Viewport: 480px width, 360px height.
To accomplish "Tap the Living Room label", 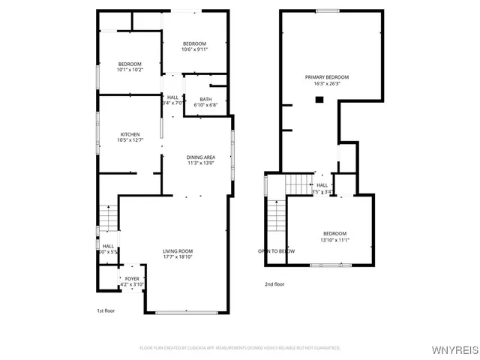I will point(178,251).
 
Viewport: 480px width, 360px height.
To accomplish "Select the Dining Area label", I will point(201,157).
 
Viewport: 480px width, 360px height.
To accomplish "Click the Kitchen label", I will point(130,134).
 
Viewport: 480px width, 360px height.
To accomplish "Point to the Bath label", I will point(204,98).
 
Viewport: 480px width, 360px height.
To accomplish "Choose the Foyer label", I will point(132,278).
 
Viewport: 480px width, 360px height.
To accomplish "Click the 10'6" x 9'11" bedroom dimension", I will point(195,50).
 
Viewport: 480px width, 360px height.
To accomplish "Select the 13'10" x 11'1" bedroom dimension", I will point(334,240).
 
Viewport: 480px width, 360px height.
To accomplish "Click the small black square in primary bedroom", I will point(319,99).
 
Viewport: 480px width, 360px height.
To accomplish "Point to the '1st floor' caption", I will point(105,310).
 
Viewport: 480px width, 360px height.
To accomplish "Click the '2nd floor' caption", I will point(274,284).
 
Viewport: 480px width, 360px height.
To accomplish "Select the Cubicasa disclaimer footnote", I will point(240,348).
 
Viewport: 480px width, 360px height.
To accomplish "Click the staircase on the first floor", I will point(109,218).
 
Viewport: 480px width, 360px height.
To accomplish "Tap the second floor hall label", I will point(322,185).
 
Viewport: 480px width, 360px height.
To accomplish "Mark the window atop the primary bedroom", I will point(326,10).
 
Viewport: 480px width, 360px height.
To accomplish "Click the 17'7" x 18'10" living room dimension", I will point(178,257).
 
